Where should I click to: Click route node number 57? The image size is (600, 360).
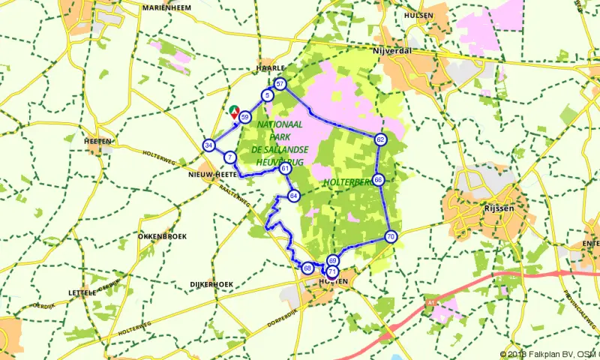[280, 84]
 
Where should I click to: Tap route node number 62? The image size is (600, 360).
[381, 139]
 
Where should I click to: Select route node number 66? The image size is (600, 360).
[379, 180]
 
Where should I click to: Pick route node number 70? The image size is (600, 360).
[391, 236]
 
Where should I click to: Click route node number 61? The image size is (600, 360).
[286, 169]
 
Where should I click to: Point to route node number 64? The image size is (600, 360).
[293, 196]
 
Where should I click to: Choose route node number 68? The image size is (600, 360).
[307, 268]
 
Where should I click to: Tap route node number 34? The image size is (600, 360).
[208, 145]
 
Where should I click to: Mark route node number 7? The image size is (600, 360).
[229, 157]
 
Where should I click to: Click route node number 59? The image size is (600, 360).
[245, 116]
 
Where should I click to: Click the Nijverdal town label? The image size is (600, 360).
[393, 52]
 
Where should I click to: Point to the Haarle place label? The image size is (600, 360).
[267, 67]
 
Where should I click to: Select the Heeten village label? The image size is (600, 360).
[98, 141]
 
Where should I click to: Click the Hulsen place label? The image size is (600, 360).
[418, 14]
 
